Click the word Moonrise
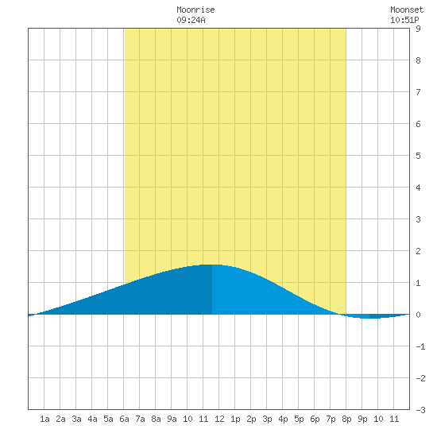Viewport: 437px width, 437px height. pos(195,10)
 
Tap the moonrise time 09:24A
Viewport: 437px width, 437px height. pos(191,20)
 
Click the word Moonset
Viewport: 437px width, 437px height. pos(407,10)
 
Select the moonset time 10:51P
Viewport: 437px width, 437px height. pos(404,20)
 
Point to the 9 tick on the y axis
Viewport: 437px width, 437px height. pos(418,29)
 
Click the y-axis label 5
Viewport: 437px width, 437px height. pos(418,156)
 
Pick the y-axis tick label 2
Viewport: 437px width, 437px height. pos(418,251)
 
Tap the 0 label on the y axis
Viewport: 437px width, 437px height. pos(418,315)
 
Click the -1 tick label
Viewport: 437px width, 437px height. pos(420,346)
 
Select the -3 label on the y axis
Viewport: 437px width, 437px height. pos(420,410)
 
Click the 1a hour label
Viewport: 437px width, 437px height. pos(44,419)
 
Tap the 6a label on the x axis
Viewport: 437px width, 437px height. pos(124,419)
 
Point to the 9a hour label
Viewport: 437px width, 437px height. pos(172,419)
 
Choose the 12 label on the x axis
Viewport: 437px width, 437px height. pos(219,419)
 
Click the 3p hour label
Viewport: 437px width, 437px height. pos(267,419)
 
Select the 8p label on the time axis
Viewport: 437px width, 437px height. pos(346,419)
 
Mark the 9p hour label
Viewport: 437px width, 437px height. pos(362,419)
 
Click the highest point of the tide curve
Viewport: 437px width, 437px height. pos(212,265)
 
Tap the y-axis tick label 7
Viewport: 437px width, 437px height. pos(418,92)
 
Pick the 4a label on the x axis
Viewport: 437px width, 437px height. pos(92,419)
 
